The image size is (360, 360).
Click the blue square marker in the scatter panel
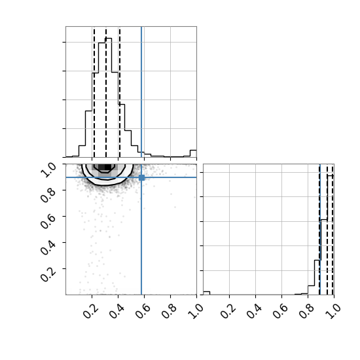(141, 177)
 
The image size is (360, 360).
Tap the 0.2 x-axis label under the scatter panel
(91, 312)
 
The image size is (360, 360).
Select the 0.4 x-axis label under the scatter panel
(117, 312)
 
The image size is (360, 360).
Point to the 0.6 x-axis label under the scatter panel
(143, 312)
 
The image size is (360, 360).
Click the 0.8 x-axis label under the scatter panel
(170, 312)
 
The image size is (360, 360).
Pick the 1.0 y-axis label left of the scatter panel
(48, 170)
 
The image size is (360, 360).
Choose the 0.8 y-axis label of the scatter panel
(48, 196)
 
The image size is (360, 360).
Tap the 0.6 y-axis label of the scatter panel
(48, 221)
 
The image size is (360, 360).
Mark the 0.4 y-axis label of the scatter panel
(48, 247)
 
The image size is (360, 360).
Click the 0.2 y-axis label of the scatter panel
(48, 274)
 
